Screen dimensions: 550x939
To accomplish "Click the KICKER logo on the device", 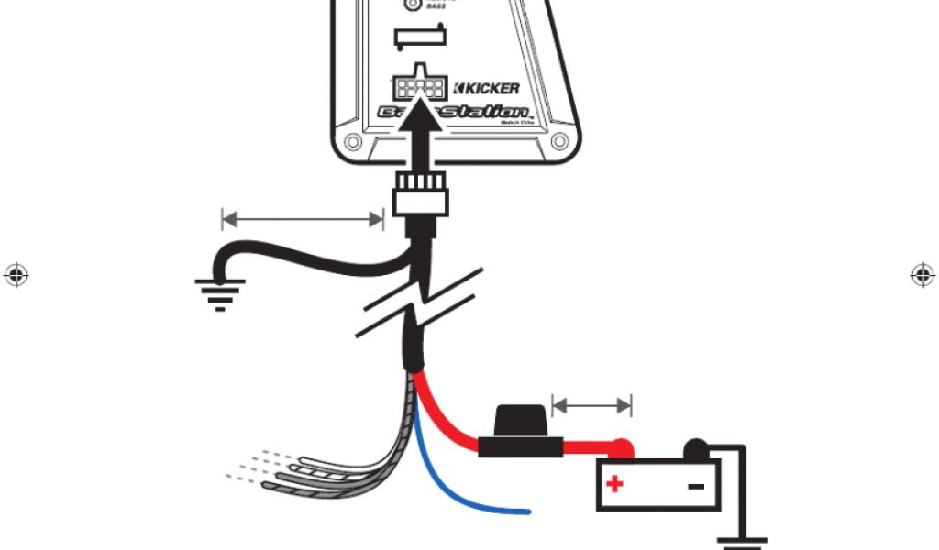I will tap(487, 89).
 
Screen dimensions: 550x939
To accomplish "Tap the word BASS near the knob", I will tap(436, 6).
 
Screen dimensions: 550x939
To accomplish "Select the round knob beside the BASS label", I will tap(413, 5).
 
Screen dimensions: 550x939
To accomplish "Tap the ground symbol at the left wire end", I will tap(219, 292).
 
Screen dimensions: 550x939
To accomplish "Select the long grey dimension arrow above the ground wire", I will tap(302, 218).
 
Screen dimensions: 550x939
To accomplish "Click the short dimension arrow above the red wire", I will tap(592, 404).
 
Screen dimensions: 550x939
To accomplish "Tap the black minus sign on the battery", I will tap(696, 484).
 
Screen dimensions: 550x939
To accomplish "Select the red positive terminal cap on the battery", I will tap(623, 449).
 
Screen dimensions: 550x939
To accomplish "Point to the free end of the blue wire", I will tap(526, 511).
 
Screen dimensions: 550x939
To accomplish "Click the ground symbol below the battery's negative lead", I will tap(742, 542).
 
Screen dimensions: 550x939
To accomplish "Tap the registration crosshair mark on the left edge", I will tap(15, 274).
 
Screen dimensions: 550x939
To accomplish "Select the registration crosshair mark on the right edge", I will tap(922, 274).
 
